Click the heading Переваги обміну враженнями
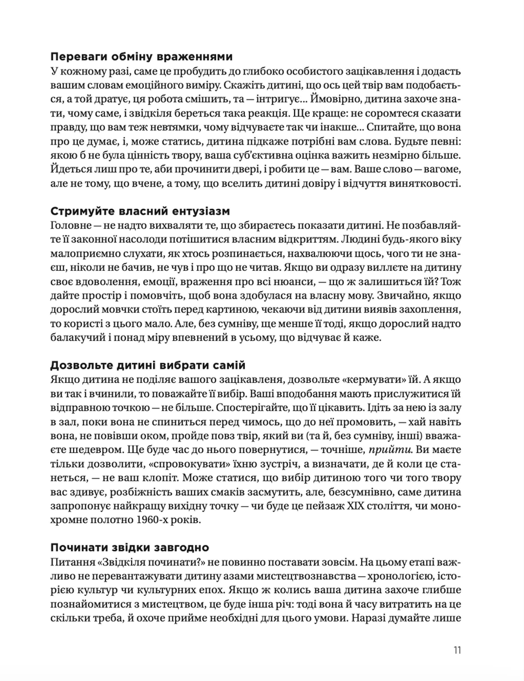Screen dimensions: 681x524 coord(141,57)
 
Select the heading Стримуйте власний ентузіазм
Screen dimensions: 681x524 coord(140,211)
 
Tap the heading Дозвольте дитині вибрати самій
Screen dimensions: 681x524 coord(148,365)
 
